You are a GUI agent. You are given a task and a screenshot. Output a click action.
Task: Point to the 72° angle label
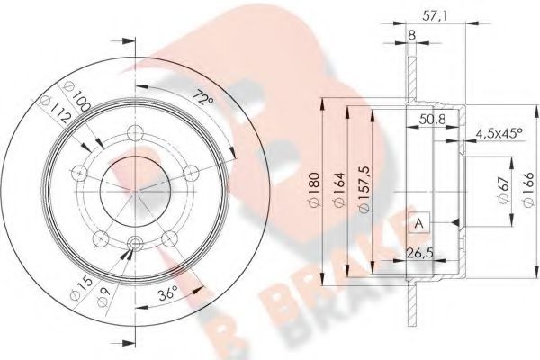point(204,95)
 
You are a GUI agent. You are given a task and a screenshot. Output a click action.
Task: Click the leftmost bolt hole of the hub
point(81,174)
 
